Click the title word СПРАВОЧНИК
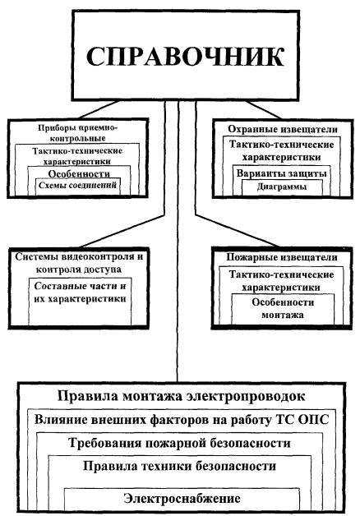[x=185, y=57]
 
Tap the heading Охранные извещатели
[x=283, y=129]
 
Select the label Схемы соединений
[x=77, y=185]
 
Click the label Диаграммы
[x=282, y=187]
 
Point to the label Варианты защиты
[x=282, y=173]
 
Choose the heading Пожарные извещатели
[x=282, y=257]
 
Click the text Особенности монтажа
[x=283, y=308]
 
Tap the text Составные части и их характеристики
[x=80, y=293]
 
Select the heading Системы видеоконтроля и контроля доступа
[x=79, y=263]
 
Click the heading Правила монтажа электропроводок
[x=182, y=396]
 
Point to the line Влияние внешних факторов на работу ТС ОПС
[x=182, y=420]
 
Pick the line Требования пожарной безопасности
[x=180, y=443]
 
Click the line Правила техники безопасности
[x=180, y=466]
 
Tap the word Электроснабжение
[x=182, y=498]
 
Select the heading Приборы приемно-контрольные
[x=77, y=132]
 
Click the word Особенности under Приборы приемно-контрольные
[x=79, y=173]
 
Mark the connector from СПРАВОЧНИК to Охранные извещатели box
[x=264, y=109]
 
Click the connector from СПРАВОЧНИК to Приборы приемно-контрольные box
[x=99, y=109]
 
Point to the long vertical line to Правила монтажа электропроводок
[x=178, y=241]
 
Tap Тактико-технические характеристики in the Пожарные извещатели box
[x=282, y=281]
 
